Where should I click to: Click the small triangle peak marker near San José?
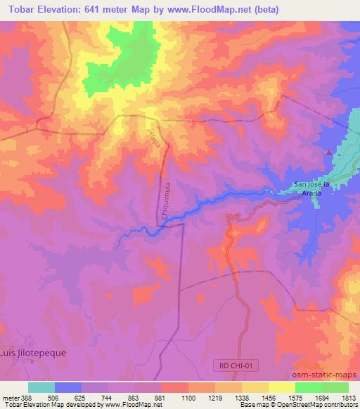pyautogui.click(x=328, y=151)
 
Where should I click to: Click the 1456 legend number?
pyautogui.click(x=269, y=398)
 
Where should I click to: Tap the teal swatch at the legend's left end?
pyautogui.click(x=41, y=387)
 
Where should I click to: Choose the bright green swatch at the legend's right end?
pyautogui.click(x=335, y=387)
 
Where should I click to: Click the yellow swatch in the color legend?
pyautogui.click(x=281, y=387)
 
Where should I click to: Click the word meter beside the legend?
pyautogui.click(x=10, y=398)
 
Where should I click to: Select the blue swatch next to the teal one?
pyautogui.click(x=67, y=387)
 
